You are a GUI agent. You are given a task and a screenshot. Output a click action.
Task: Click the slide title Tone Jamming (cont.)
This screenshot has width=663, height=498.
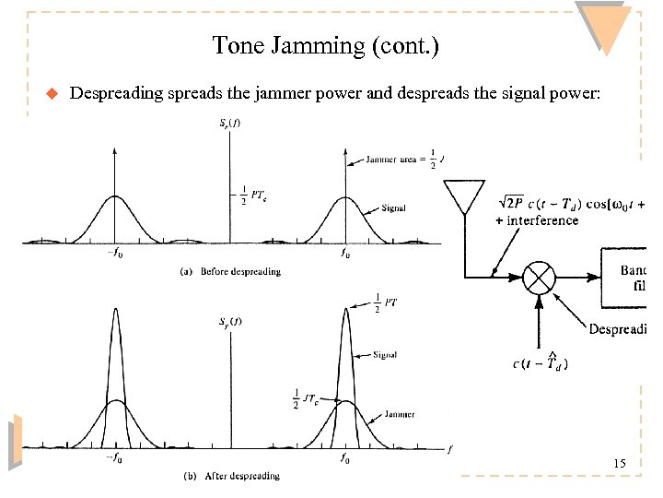[325, 45]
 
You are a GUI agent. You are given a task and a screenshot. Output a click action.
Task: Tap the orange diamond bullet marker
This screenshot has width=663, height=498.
[52, 92]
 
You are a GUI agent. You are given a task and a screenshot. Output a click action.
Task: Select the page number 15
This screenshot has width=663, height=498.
[620, 464]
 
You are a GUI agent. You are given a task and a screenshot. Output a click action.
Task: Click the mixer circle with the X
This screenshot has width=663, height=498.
[541, 276]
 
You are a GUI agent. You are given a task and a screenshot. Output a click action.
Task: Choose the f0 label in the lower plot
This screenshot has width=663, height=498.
[344, 458]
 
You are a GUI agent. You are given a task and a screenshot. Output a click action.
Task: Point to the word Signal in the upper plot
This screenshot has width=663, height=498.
[391, 208]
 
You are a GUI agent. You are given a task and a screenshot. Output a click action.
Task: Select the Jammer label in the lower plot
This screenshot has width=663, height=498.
[399, 415]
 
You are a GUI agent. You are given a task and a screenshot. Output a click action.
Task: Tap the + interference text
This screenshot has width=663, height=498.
[537, 220]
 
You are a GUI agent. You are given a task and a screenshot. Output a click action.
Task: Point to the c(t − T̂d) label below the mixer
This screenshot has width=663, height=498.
[541, 363]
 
